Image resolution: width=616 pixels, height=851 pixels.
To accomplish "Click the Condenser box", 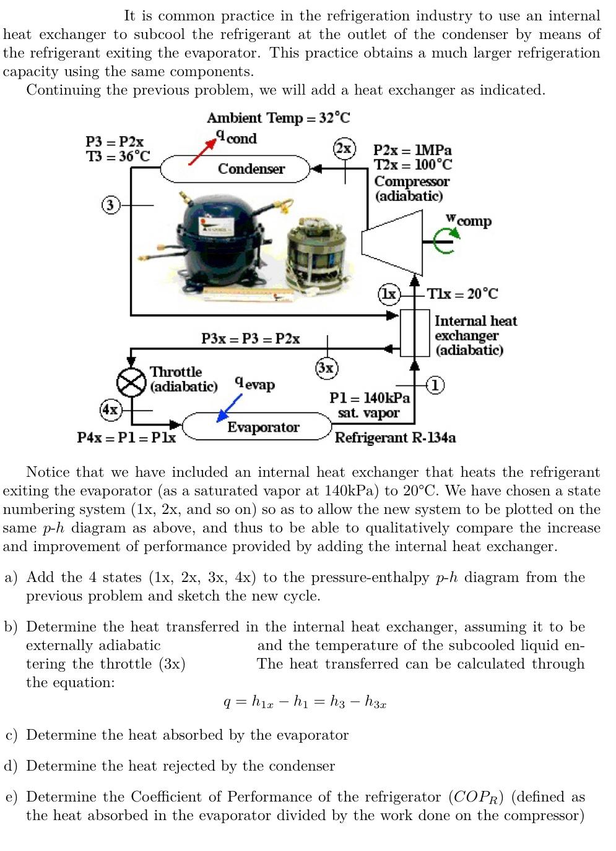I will click(235, 169).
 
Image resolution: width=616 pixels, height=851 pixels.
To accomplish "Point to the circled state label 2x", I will click(344, 148).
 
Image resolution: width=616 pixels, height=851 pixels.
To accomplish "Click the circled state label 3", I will click(110, 205).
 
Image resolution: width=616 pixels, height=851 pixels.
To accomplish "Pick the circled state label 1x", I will click(389, 294).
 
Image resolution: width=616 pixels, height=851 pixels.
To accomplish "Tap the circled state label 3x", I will click(326, 367).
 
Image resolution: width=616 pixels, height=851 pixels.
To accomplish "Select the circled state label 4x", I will click(110, 409).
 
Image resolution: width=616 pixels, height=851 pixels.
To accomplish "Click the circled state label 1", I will click(435, 385).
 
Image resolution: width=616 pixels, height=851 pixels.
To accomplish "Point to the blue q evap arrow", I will click(230, 408).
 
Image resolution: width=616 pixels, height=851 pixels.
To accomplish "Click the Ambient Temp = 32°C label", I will click(278, 118).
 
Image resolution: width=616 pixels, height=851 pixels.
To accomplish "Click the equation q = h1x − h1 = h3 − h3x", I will click(305, 702).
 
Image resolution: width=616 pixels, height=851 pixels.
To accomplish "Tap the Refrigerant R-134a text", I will click(396, 438).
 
